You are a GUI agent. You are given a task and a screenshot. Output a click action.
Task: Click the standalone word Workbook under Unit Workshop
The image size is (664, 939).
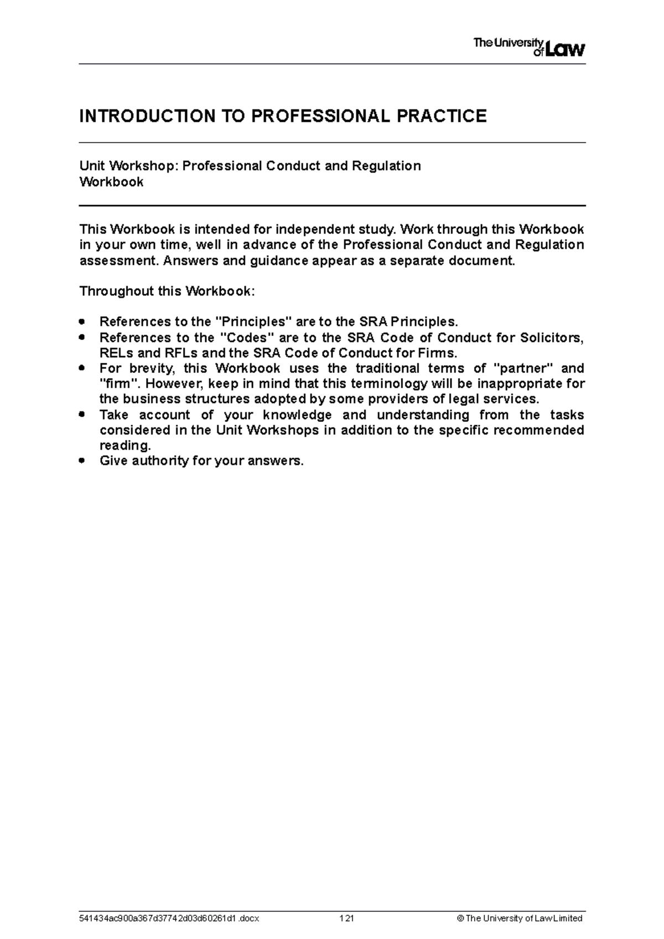tap(111, 182)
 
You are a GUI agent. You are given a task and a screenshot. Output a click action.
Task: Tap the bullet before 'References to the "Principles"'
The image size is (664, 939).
tap(82, 321)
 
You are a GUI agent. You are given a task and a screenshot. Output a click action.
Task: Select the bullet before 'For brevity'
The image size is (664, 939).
tap(82, 368)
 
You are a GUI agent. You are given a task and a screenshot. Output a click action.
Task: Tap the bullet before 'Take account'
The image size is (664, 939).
tap(82, 414)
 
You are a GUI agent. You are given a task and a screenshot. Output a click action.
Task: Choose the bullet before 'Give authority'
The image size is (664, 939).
tap(82, 460)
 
